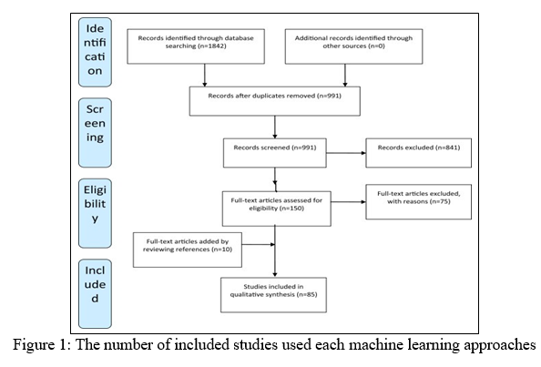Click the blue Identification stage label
click(95, 52)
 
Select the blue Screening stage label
click(95, 133)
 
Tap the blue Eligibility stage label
click(95, 213)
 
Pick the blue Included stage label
click(95, 294)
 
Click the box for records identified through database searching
click(196, 46)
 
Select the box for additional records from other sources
click(353, 46)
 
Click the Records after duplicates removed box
click(275, 101)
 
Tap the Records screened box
click(275, 153)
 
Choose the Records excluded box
click(419, 153)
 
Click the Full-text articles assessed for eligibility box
click(276, 209)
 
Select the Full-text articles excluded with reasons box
click(419, 202)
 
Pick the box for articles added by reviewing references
click(188, 250)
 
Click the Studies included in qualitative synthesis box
click(273, 295)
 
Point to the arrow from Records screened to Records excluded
click(346, 153)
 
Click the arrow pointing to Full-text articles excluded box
click(349, 202)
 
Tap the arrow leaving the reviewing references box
click(259, 245)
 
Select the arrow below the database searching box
click(205, 76)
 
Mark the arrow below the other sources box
click(345, 76)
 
